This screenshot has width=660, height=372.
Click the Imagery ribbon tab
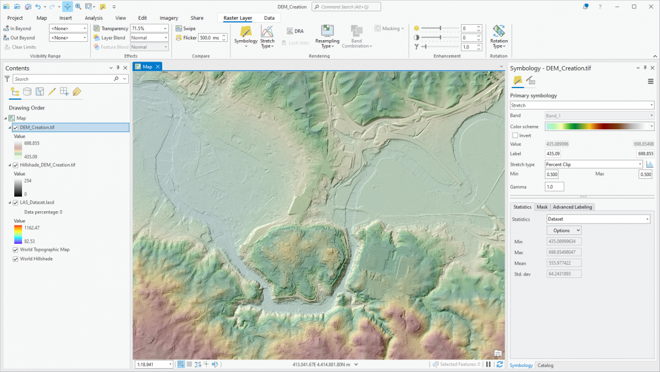(169, 18)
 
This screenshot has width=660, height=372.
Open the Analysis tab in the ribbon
(94, 18)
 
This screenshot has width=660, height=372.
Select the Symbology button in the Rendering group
(246, 36)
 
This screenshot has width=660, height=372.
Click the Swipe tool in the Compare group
(186, 29)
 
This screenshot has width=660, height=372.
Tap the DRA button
(295, 31)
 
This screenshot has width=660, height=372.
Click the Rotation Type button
(499, 36)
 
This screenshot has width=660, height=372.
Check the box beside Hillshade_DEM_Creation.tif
(16, 165)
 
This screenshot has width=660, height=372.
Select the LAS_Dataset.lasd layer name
(37, 203)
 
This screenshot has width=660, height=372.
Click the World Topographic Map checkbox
(16, 250)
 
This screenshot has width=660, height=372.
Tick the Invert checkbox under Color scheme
(515, 135)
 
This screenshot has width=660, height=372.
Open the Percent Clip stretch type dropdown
(593, 164)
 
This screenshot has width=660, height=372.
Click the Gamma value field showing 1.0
(554, 187)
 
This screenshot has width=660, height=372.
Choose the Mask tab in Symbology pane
(542, 207)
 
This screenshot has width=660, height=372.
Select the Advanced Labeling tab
(573, 207)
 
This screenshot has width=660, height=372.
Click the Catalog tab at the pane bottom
(546, 365)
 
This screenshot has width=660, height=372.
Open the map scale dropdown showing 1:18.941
(154, 364)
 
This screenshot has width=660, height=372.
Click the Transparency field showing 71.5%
(149, 29)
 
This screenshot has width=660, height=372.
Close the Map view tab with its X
(158, 67)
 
